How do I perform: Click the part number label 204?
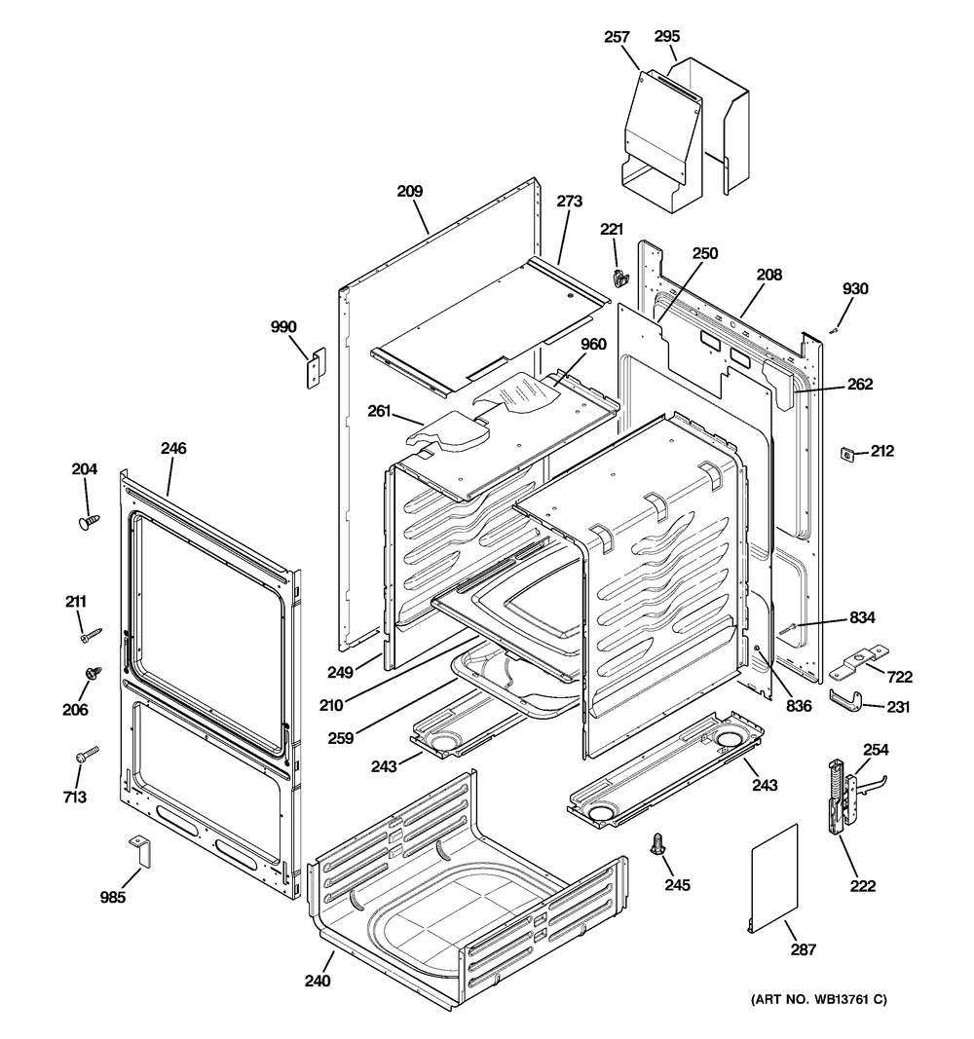(85, 469)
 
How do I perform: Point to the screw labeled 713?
(87, 755)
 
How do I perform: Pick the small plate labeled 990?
(316, 369)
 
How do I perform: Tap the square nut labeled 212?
(848, 453)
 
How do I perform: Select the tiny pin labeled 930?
(833, 330)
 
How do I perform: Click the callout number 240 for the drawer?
(318, 981)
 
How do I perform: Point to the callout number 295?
(666, 37)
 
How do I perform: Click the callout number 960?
(593, 344)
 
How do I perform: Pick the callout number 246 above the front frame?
(174, 449)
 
